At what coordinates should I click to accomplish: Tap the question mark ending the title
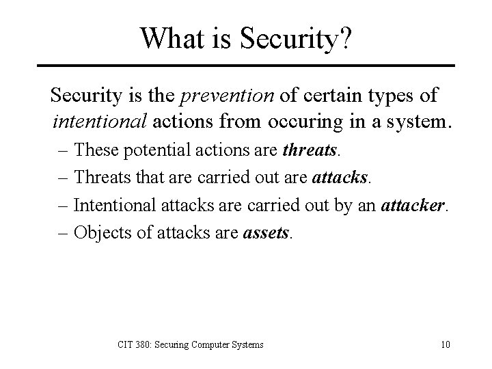click(x=346, y=38)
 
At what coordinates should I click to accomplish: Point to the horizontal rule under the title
click(x=245, y=66)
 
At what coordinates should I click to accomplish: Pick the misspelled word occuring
click(x=301, y=122)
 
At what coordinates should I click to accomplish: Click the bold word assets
click(x=267, y=232)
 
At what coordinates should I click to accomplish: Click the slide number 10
click(x=445, y=344)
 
